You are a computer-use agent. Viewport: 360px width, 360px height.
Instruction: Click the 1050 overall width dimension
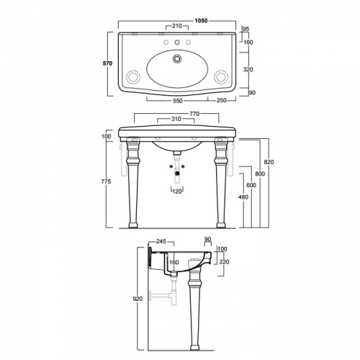pos(201,21)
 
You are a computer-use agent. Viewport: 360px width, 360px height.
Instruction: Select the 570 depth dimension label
pos(107,63)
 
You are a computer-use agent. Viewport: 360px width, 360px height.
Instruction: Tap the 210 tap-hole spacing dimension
pos(177,26)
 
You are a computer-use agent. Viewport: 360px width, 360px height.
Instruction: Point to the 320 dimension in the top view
pos(248,70)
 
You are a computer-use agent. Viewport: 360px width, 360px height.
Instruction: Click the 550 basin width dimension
pos(178,101)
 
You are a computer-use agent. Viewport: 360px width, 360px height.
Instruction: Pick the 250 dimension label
pos(222,100)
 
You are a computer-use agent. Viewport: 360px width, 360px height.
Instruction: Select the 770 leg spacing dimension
pos(194,114)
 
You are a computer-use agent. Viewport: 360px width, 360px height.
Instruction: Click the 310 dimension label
pos(176,119)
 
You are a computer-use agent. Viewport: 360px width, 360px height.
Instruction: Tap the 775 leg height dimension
pos(106,181)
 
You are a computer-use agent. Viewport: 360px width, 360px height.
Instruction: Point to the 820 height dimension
pos(269,162)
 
